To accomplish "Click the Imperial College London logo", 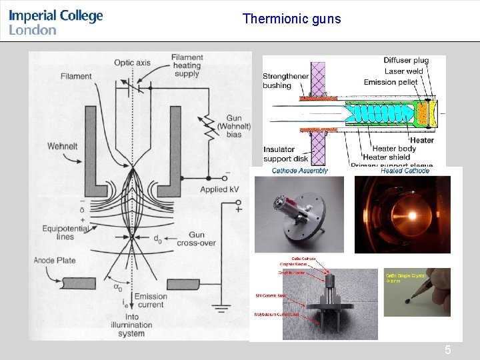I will (x=56, y=21).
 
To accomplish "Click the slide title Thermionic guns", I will (x=291, y=19).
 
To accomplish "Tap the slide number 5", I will (x=447, y=350).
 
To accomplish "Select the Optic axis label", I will (x=133, y=63).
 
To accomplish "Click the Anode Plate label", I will (x=55, y=260).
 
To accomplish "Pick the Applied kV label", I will (x=219, y=189).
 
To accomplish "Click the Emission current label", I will (x=151, y=301).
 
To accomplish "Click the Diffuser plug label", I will (x=406, y=61).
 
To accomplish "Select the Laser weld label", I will (x=403, y=71).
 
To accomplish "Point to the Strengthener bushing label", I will (x=286, y=81).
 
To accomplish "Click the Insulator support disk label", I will (x=285, y=154).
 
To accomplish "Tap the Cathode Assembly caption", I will (x=300, y=171).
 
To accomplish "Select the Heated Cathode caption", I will (x=405, y=171).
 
